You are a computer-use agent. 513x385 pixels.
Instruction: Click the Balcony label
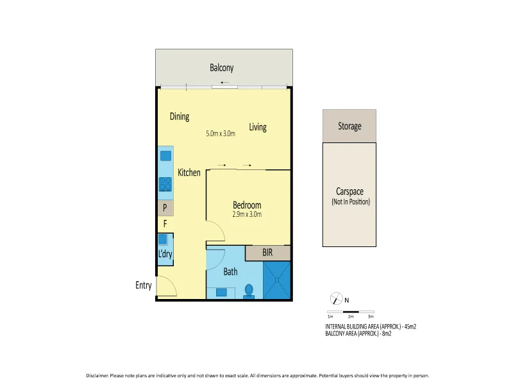(222, 67)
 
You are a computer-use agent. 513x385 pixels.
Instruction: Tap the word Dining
(180, 116)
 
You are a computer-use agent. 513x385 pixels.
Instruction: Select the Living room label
(258, 127)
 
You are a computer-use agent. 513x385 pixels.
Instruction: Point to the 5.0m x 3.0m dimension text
(221, 134)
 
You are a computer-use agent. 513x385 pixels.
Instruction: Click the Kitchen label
(189, 173)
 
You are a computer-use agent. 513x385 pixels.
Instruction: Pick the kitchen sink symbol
(165, 155)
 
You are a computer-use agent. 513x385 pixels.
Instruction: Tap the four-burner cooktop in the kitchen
(165, 184)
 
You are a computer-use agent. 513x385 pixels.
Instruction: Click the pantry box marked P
(165, 208)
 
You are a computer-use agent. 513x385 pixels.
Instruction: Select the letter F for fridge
(165, 225)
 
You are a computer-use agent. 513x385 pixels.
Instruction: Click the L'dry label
(165, 254)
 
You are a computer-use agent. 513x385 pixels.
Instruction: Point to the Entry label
(144, 286)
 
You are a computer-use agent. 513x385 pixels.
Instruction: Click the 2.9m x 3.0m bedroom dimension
(247, 214)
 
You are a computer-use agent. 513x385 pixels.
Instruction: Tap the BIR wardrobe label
(267, 253)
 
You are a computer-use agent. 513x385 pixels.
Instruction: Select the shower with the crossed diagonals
(278, 280)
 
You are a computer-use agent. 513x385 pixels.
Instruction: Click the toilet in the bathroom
(249, 293)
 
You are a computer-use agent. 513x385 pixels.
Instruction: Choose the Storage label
(349, 126)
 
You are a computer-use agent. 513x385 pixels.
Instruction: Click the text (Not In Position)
(351, 201)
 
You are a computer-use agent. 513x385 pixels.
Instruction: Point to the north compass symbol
(335, 299)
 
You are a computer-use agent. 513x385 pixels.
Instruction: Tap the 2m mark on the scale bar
(351, 316)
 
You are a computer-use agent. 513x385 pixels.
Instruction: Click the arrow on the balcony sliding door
(224, 83)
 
